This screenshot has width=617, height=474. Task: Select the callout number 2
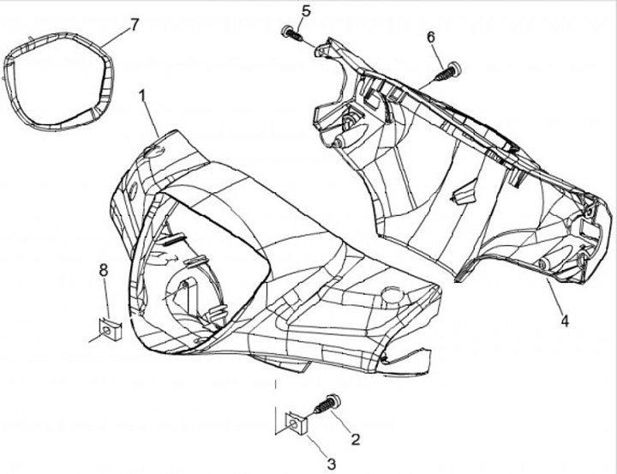(355, 438)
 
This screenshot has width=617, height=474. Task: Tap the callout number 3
(330, 464)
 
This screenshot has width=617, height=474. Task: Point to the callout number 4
(565, 321)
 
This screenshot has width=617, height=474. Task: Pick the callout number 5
(307, 11)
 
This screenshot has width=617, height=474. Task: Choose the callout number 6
(430, 37)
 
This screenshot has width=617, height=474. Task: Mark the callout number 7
(135, 24)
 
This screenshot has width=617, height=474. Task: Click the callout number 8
(104, 270)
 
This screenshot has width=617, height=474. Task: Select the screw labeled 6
(447, 72)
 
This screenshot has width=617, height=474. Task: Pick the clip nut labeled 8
(107, 327)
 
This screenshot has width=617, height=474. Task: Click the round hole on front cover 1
(392, 296)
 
